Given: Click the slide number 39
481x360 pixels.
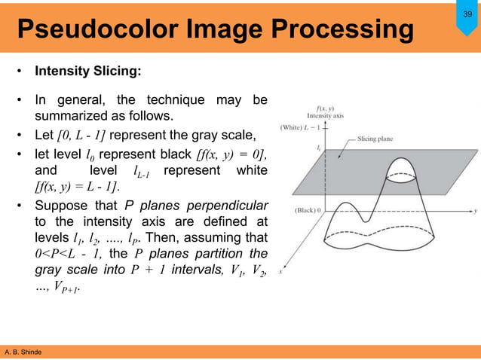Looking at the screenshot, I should pos(466,15).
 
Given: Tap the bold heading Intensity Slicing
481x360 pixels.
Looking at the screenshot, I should pos(87,73).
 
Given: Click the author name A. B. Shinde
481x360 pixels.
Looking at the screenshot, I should pos(24,352).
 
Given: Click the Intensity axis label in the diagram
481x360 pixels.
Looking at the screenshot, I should pos(325,115).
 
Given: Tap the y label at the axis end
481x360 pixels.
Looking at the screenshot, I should pos(475,205).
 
